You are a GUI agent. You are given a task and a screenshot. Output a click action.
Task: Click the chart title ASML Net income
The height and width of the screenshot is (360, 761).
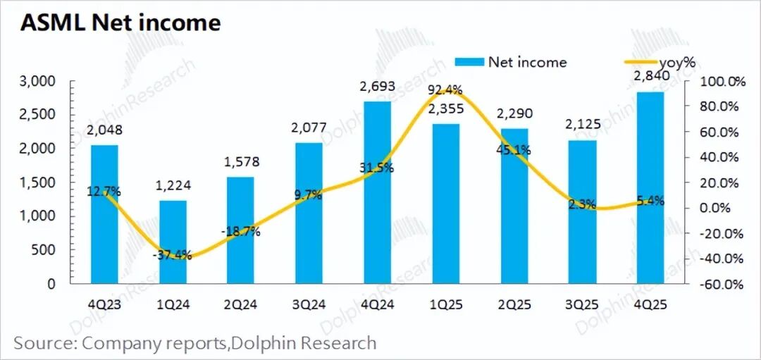[120, 23]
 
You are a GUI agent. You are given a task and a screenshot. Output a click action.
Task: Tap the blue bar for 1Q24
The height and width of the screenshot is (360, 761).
[173, 242]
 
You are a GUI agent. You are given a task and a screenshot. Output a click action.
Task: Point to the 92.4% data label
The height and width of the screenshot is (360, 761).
[444, 89]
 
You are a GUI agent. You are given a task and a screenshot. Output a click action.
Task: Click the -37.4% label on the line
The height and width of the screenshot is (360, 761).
[172, 256]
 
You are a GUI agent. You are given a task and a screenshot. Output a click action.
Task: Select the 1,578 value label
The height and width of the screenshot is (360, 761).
[241, 162]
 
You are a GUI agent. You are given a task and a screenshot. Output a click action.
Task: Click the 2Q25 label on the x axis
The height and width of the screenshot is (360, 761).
[514, 304]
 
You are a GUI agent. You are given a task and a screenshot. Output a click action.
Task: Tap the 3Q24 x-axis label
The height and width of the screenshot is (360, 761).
[309, 304]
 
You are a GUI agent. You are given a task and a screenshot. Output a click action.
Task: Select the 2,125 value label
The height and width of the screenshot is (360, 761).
[582, 125]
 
